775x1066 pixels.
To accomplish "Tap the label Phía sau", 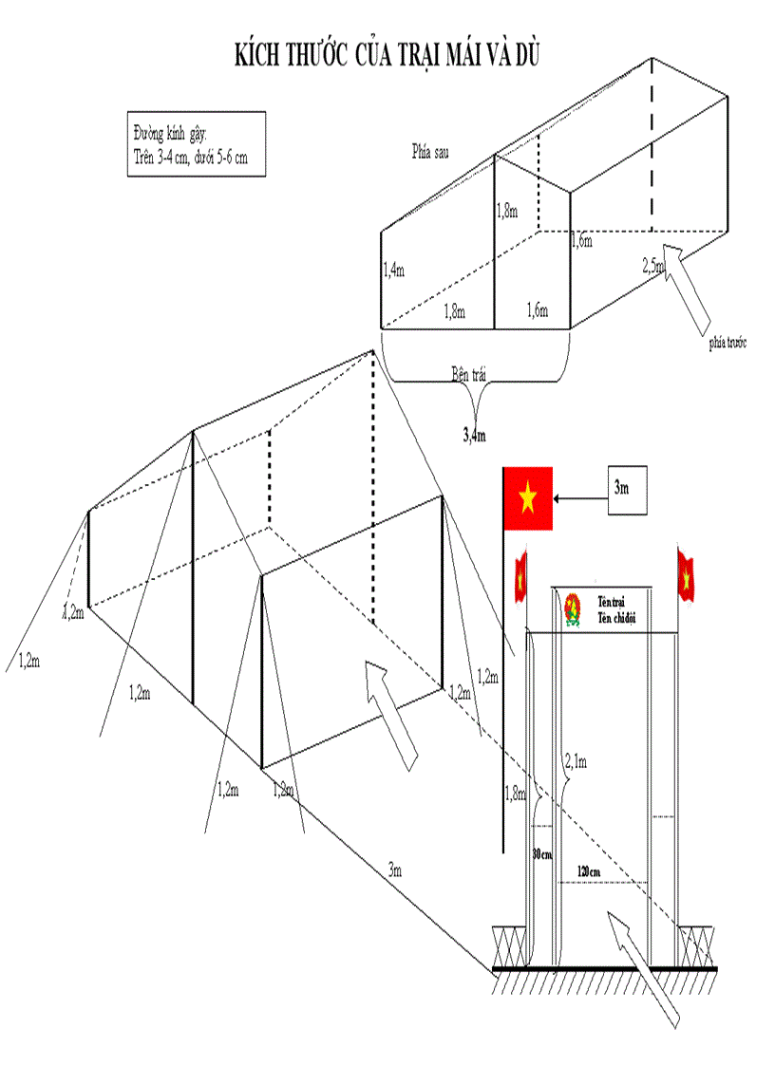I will point(431,151).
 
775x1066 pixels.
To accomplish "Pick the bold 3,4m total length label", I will point(474,436).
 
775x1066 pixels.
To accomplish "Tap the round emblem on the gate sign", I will point(573,608).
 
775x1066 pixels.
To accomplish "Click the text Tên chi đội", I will point(616,618).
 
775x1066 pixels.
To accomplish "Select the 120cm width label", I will point(589,870).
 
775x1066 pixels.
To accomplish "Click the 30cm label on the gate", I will point(541,853).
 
